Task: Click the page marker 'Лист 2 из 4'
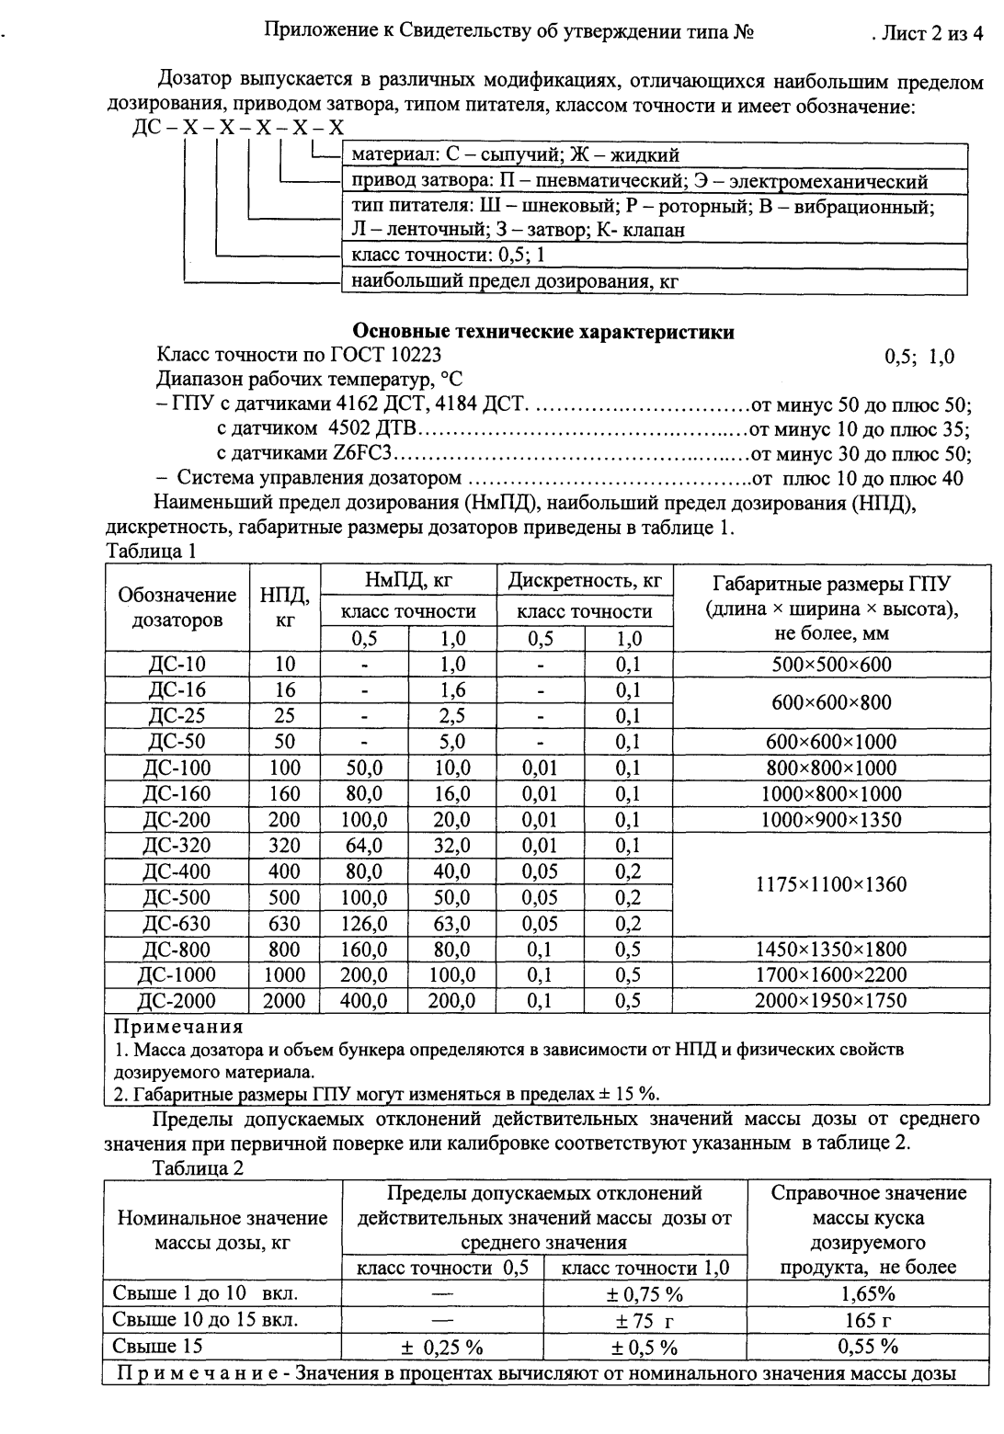(x=929, y=34)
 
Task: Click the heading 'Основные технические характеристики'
(x=544, y=332)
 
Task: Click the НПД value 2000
(x=284, y=1001)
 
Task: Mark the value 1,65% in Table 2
(x=868, y=1294)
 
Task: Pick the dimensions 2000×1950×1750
(x=830, y=1001)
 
